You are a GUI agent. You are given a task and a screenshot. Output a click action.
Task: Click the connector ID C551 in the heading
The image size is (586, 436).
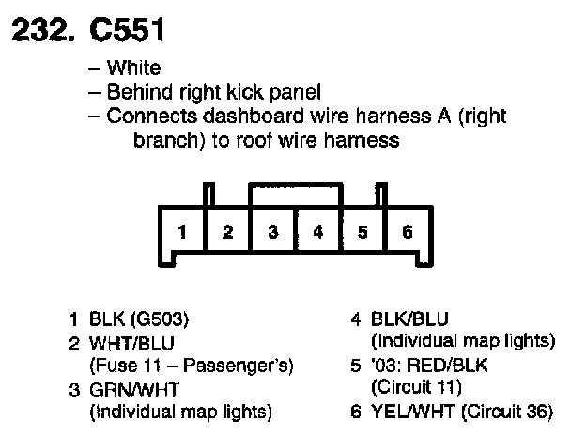coord(127,29)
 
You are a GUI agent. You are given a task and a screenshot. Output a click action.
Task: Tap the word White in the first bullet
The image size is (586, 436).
coord(133,68)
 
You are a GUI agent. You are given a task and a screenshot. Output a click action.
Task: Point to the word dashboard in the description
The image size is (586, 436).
coord(253,116)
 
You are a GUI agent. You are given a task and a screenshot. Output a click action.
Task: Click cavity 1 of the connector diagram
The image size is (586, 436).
coord(182,231)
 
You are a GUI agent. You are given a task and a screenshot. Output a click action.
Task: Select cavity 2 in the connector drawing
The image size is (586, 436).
coord(227,231)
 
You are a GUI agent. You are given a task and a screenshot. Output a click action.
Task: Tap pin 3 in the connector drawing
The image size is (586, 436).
coord(273,231)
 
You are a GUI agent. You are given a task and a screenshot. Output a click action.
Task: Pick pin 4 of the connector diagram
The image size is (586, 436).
coord(318,231)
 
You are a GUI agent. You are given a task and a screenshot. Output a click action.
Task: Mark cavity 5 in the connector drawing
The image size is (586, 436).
coord(362,231)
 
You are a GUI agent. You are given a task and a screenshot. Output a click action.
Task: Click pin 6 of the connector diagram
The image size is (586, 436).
coord(408,231)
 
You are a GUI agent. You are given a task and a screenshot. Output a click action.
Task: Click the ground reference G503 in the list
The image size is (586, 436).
coord(160,319)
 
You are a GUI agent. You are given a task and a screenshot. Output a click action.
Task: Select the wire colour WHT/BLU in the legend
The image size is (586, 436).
coord(131,343)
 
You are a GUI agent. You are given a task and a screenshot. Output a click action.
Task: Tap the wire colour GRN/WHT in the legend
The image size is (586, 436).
coord(134,390)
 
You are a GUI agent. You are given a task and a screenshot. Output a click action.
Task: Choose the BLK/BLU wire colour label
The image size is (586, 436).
coord(409,319)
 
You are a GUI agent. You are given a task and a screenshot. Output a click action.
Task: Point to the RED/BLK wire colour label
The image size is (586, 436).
coord(447,365)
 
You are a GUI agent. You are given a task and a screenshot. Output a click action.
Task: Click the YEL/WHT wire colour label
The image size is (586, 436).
coord(413,412)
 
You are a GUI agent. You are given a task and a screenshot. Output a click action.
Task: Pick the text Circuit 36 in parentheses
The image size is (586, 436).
coord(507,412)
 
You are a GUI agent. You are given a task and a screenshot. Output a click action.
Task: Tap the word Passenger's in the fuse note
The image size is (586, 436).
coord(239,366)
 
